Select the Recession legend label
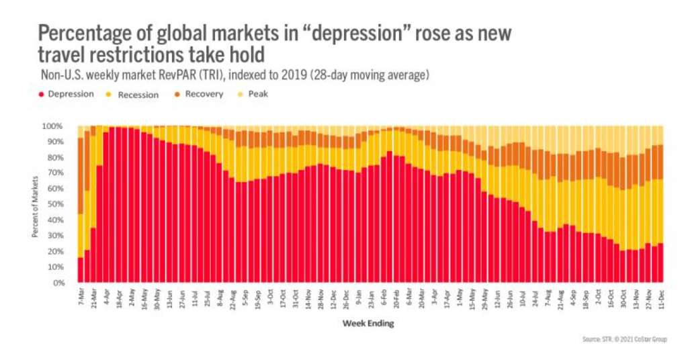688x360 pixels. coord(138,95)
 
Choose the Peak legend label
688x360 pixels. coord(258,94)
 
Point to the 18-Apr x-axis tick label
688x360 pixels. coord(118,297)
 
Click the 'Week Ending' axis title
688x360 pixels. coord(368,324)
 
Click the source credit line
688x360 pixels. coord(624,340)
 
